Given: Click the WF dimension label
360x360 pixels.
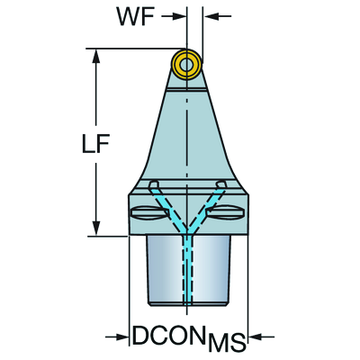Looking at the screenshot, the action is [x=136, y=17].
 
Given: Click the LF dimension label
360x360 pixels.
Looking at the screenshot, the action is [x=95, y=143].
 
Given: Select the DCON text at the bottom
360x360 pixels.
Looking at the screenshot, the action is [x=168, y=336].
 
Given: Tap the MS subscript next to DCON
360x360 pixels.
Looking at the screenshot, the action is [x=227, y=343].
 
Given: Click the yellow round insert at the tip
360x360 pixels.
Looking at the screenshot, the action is [x=187, y=64].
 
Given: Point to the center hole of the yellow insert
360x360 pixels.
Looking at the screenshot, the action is [x=187, y=64].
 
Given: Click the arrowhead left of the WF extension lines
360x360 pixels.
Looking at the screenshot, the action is [x=178, y=16].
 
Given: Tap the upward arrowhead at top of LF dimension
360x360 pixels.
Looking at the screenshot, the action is [x=96, y=57].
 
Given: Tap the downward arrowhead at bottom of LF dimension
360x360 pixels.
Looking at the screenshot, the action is [x=96, y=229].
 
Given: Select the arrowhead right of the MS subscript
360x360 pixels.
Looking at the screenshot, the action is [x=256, y=337].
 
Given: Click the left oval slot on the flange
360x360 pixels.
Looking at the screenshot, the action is [x=150, y=213].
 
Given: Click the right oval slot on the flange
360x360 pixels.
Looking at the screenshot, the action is [x=226, y=213].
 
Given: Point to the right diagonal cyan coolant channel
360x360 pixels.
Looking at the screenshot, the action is [x=206, y=209].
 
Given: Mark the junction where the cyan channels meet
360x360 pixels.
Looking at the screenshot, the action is [x=187, y=231].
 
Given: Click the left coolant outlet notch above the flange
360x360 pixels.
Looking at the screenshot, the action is [x=154, y=184].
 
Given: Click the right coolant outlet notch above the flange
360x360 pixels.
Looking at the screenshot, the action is [x=221, y=184].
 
